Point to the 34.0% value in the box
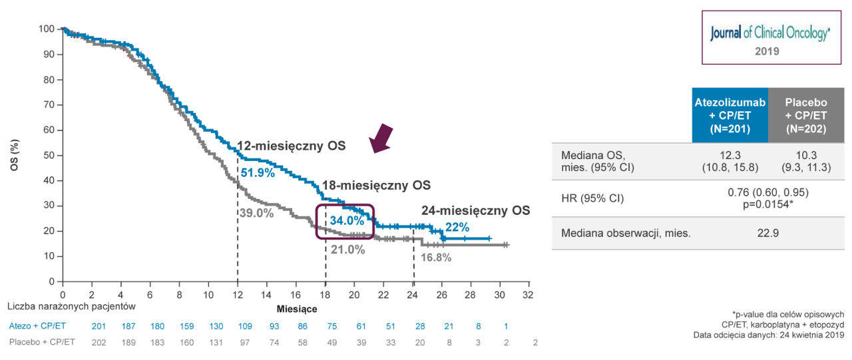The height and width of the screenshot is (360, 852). point(347,220)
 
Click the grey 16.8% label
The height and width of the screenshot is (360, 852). point(436,258)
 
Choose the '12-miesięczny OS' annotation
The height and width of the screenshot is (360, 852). point(292,146)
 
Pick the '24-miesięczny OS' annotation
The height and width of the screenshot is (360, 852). point(475,211)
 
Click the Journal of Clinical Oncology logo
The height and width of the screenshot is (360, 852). point(769,33)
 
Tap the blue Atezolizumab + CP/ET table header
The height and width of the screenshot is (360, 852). point(730,115)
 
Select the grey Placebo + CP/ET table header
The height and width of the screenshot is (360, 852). point(805,115)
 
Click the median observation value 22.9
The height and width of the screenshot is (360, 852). point(768,234)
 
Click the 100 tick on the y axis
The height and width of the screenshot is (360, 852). point(46,29)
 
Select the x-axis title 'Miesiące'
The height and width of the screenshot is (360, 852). point(297,309)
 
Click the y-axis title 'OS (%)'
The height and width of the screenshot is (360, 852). point(14,155)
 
